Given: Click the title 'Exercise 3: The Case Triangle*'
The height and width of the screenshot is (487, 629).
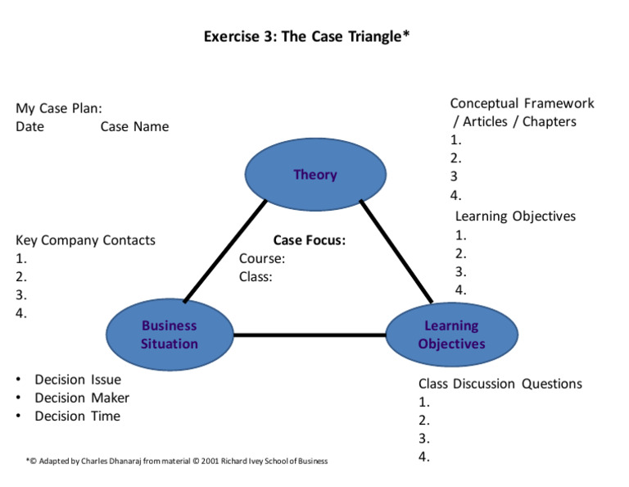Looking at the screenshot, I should [x=305, y=38].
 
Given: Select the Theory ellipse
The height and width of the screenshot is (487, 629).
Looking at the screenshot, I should [x=315, y=175].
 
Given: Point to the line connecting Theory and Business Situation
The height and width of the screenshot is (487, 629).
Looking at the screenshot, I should [x=225, y=251].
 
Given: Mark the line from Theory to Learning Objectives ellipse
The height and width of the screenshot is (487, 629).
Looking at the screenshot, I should [x=396, y=252].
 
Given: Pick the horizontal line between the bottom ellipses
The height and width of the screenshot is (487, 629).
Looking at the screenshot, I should [x=310, y=335].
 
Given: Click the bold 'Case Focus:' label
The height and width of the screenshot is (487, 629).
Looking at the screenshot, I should [x=309, y=240].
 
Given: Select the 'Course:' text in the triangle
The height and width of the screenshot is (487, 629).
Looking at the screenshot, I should [x=262, y=258].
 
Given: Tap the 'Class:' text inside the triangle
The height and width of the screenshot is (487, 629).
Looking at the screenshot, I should [x=256, y=276].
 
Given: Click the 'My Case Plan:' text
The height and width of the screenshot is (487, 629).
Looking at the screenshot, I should [x=58, y=108].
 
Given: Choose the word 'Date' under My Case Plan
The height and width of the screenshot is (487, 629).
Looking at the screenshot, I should [x=29, y=126].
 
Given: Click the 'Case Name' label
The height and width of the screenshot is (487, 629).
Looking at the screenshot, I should [x=134, y=126].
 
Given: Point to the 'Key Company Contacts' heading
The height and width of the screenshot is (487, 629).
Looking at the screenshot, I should [x=85, y=240].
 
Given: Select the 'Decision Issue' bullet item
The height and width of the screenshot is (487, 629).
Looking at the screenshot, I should [x=77, y=380].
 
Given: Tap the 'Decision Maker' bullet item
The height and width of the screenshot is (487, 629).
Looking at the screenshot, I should [x=82, y=398].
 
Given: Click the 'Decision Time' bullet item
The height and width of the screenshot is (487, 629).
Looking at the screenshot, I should [x=77, y=416].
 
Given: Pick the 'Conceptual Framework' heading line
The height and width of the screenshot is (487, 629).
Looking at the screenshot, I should [x=522, y=103].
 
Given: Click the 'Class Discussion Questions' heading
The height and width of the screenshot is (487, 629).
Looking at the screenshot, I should [x=500, y=384].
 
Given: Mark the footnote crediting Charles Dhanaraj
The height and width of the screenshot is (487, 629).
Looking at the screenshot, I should [x=176, y=461].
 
